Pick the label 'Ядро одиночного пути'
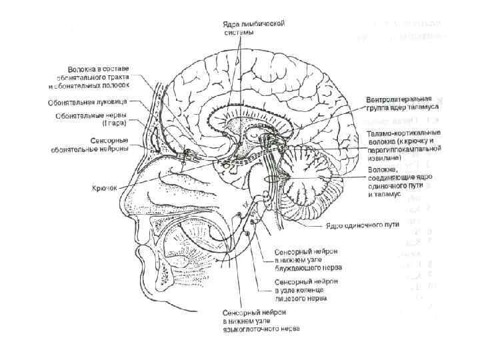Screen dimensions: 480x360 [x=368, y=225]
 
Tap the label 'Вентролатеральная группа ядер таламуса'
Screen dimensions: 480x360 [x=408, y=104]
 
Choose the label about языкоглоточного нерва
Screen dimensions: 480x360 [x=261, y=321]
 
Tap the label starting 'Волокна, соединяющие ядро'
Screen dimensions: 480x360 [x=400, y=183]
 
